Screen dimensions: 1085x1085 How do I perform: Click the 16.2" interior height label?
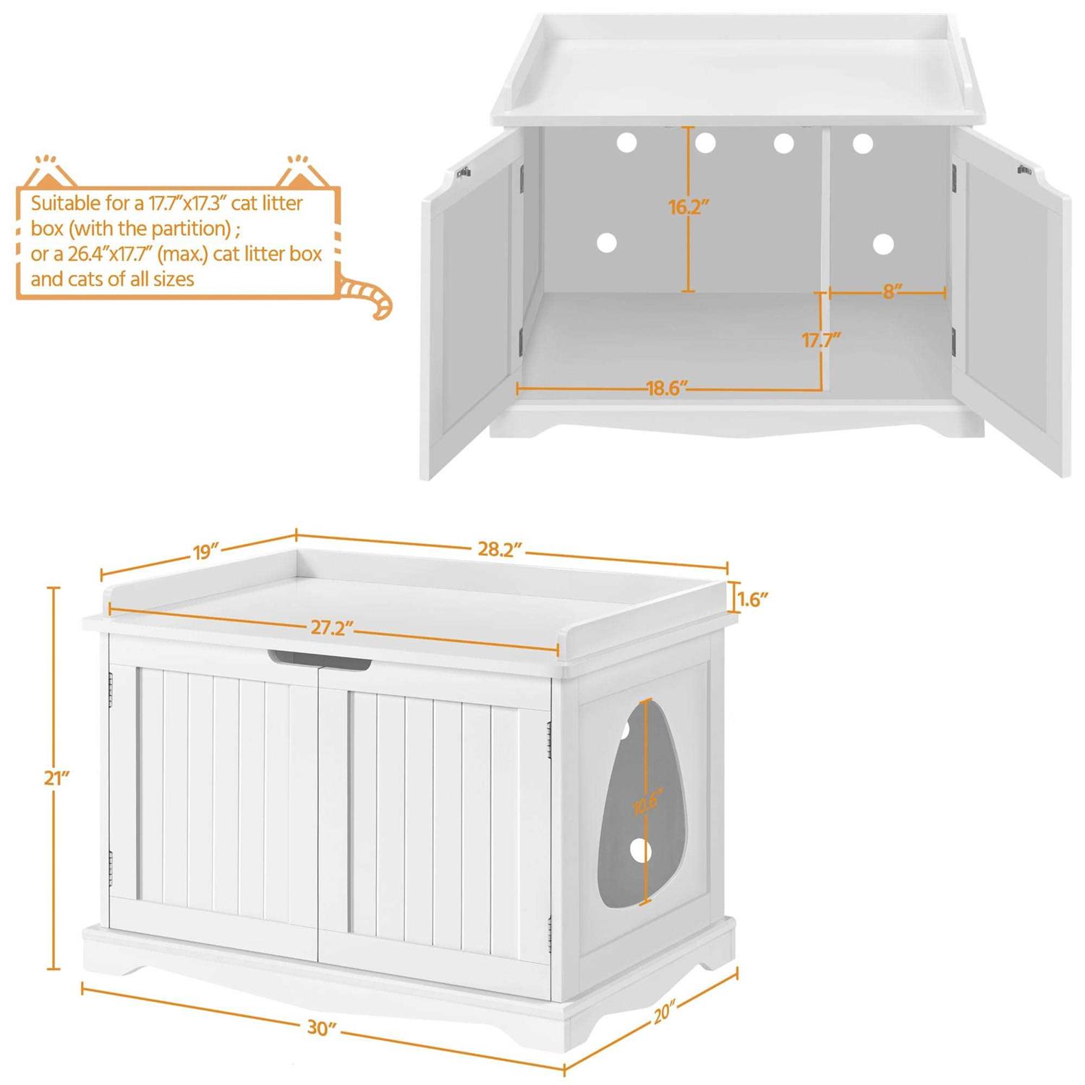pyautogui.click(x=688, y=207)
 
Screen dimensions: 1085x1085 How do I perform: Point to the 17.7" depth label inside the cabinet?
pyautogui.click(x=821, y=340)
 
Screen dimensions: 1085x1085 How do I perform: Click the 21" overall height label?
pyautogui.click(x=56, y=778)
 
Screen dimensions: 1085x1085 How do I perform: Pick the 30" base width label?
pyautogui.click(x=322, y=1027)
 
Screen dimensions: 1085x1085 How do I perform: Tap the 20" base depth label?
pyautogui.click(x=664, y=1013)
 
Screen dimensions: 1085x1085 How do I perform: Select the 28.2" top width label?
pyautogui.click(x=499, y=549)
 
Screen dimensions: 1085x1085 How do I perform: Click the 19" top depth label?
pyautogui.click(x=205, y=552)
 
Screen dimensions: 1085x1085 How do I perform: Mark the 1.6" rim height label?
pyautogui.click(x=752, y=599)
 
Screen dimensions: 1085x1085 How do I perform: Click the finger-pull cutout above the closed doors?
pyautogui.click(x=319, y=659)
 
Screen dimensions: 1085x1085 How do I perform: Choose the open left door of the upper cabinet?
pyautogui.click(x=470, y=304)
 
